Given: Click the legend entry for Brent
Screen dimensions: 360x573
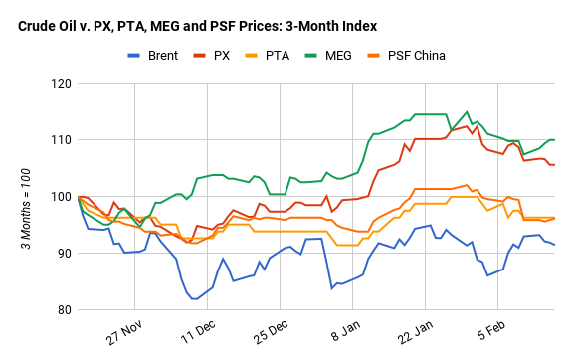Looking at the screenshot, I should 162,55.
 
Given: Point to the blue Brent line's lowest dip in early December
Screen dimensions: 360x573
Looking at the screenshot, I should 194,298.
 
